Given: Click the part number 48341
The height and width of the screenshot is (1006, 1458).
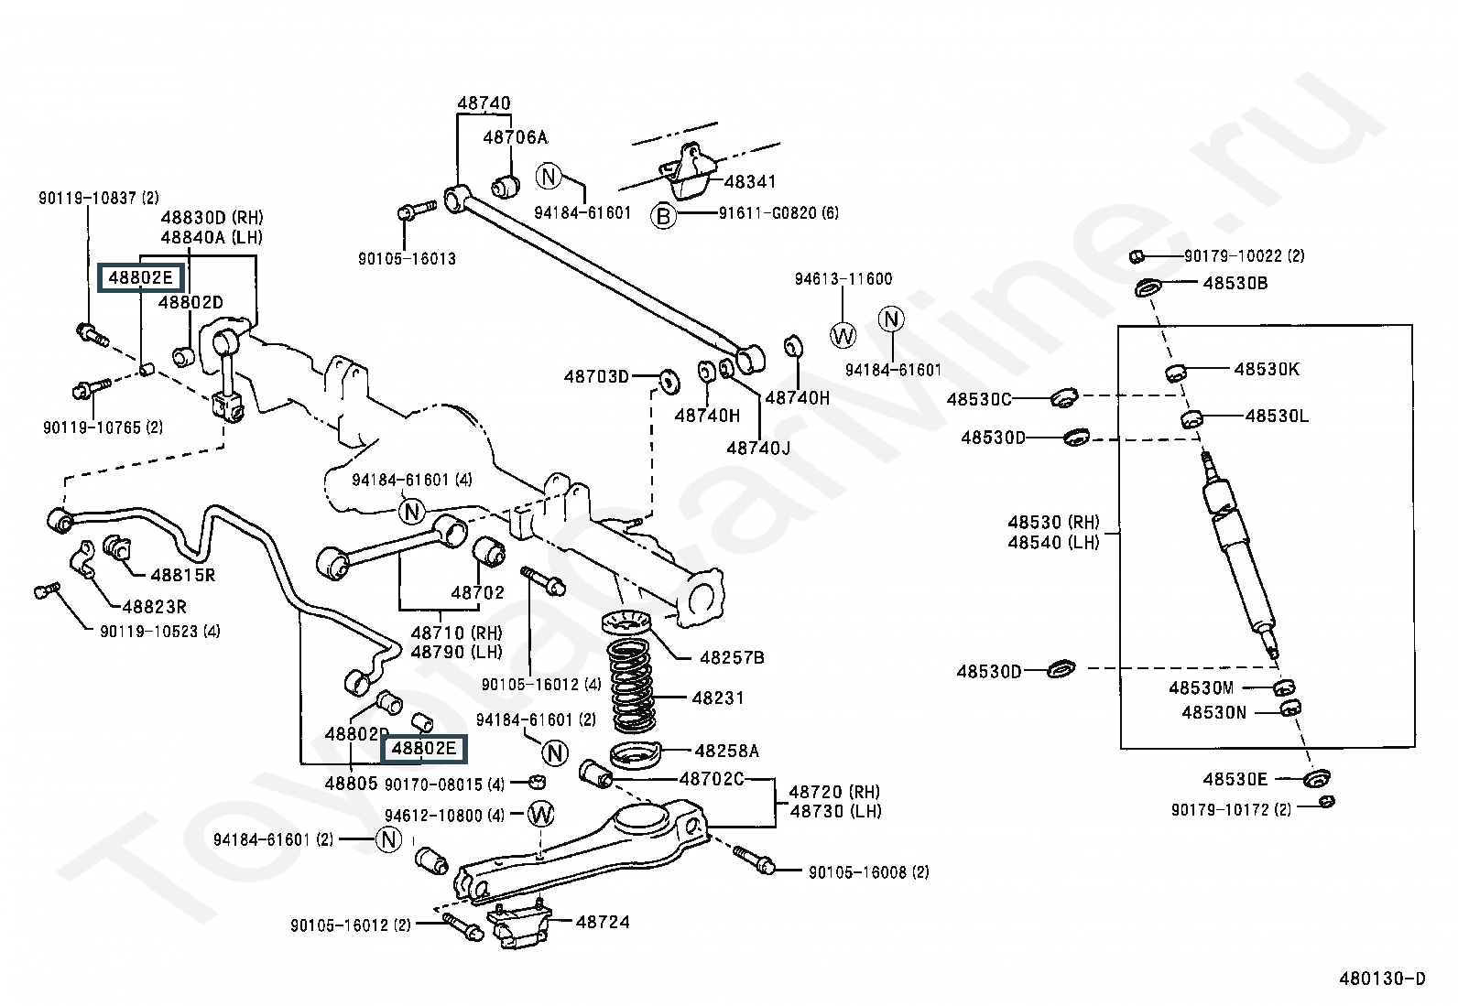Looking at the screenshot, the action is [x=750, y=181].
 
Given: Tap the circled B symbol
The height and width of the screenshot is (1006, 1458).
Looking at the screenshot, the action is [x=663, y=215].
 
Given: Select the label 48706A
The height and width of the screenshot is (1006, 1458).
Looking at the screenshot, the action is [x=516, y=137].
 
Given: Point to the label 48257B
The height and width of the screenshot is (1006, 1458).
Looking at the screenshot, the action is [x=733, y=658].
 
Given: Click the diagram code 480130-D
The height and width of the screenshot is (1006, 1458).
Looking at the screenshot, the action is [x=1383, y=978].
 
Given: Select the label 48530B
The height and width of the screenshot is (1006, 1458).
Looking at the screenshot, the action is [x=1235, y=283].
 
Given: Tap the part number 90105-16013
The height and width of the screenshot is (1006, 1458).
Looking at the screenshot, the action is [x=407, y=258].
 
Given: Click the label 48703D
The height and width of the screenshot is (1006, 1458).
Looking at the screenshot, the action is [x=596, y=377].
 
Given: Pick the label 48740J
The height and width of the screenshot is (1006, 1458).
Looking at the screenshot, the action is [x=758, y=449].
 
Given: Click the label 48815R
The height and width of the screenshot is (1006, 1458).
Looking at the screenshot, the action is [x=183, y=575].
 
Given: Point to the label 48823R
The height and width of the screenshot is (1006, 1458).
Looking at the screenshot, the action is [x=155, y=607].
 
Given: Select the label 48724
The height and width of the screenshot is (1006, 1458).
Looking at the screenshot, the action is [x=603, y=922].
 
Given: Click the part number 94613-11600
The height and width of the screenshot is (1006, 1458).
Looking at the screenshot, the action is [x=843, y=279].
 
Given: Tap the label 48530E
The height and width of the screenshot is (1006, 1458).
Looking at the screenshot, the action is [x=1235, y=779].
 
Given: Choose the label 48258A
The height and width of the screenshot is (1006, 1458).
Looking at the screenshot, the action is [x=727, y=751].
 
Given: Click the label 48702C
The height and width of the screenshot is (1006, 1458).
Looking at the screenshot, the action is [x=712, y=779].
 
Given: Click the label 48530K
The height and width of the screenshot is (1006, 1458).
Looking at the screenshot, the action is [x=1267, y=370].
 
